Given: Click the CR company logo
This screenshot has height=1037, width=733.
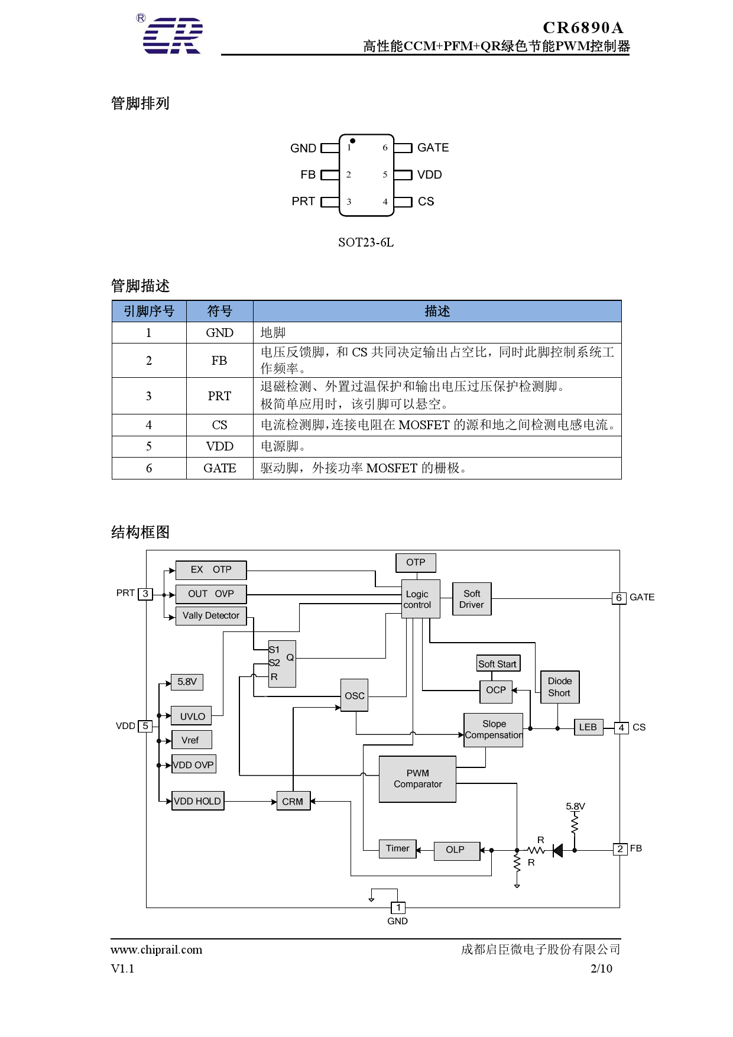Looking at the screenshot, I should click(172, 35).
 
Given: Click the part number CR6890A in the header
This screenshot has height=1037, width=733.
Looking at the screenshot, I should click(582, 28).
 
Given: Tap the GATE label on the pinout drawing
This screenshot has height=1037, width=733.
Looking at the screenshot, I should click(433, 148).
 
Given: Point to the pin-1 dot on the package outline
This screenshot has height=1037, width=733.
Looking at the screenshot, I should click(352, 141).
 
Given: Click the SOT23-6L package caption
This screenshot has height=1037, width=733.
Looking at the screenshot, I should click(365, 242).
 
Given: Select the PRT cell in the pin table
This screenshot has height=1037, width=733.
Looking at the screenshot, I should click(219, 396).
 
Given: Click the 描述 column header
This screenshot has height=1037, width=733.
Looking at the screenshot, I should click(437, 312).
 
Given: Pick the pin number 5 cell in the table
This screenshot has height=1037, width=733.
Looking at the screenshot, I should click(149, 446).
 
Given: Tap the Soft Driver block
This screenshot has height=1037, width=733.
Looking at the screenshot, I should click(472, 599).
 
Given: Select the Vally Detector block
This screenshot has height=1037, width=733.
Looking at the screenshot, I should click(211, 615).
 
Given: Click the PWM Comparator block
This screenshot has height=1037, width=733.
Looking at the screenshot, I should click(417, 779).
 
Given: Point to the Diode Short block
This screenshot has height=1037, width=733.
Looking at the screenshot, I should click(559, 687).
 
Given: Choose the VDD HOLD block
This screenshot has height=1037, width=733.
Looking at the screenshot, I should click(197, 801).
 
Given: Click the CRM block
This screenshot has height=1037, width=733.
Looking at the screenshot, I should click(293, 802).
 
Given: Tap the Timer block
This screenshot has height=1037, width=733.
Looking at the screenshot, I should click(397, 848).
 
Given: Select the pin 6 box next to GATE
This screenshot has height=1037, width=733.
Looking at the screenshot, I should click(618, 598).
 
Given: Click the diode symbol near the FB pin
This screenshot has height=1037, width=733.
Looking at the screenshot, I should click(557, 850).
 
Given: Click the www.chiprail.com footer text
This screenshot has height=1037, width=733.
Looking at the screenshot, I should click(156, 950).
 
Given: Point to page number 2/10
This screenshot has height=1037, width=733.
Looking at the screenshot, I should click(601, 968).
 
